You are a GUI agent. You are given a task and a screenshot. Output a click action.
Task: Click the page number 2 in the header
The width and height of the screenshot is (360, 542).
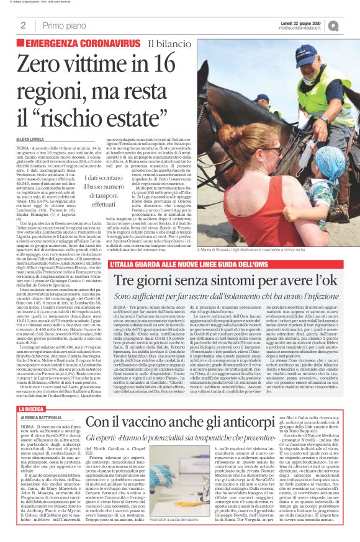tap(22, 25)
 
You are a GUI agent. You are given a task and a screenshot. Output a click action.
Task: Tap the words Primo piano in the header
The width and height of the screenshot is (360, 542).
tap(60, 25)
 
